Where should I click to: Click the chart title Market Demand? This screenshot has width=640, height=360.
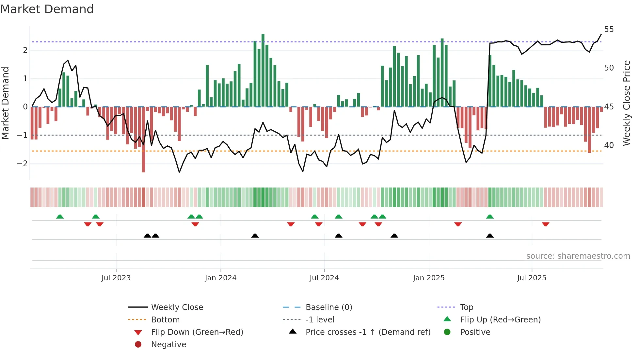pyautogui.click(x=47, y=9)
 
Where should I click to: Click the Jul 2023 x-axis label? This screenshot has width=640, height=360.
pyautogui.click(x=116, y=278)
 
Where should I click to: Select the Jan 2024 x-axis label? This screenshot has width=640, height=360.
pyautogui.click(x=220, y=278)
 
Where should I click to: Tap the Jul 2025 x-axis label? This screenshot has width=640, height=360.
pyautogui.click(x=532, y=278)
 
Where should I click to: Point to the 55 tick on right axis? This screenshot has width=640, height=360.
pyautogui.click(x=609, y=29)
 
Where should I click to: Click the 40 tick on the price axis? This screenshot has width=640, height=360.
pyautogui.click(x=609, y=145)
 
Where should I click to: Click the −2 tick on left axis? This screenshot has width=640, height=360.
pyautogui.click(x=22, y=163)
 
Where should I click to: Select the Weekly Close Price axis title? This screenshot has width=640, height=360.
pyautogui.click(x=626, y=103)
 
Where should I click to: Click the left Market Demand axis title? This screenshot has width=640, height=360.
pyautogui.click(x=6, y=103)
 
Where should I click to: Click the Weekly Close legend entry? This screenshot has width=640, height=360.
pyautogui.click(x=177, y=307)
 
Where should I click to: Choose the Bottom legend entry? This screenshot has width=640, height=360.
pyautogui.click(x=165, y=319)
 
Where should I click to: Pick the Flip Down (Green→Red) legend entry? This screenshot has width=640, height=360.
pyautogui.click(x=197, y=332)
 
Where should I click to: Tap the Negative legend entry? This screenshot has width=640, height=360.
pyautogui.click(x=168, y=344)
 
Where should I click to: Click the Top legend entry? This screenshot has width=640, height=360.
pyautogui.click(x=466, y=307)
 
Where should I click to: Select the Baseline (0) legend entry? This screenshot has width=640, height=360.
pyautogui.click(x=328, y=307)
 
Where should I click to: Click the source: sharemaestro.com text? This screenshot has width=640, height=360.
pyautogui.click(x=578, y=256)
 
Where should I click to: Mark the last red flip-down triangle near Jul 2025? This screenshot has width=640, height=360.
pyautogui.click(x=545, y=224)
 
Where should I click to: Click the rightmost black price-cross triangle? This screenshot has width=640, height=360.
pyautogui.click(x=490, y=236)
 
